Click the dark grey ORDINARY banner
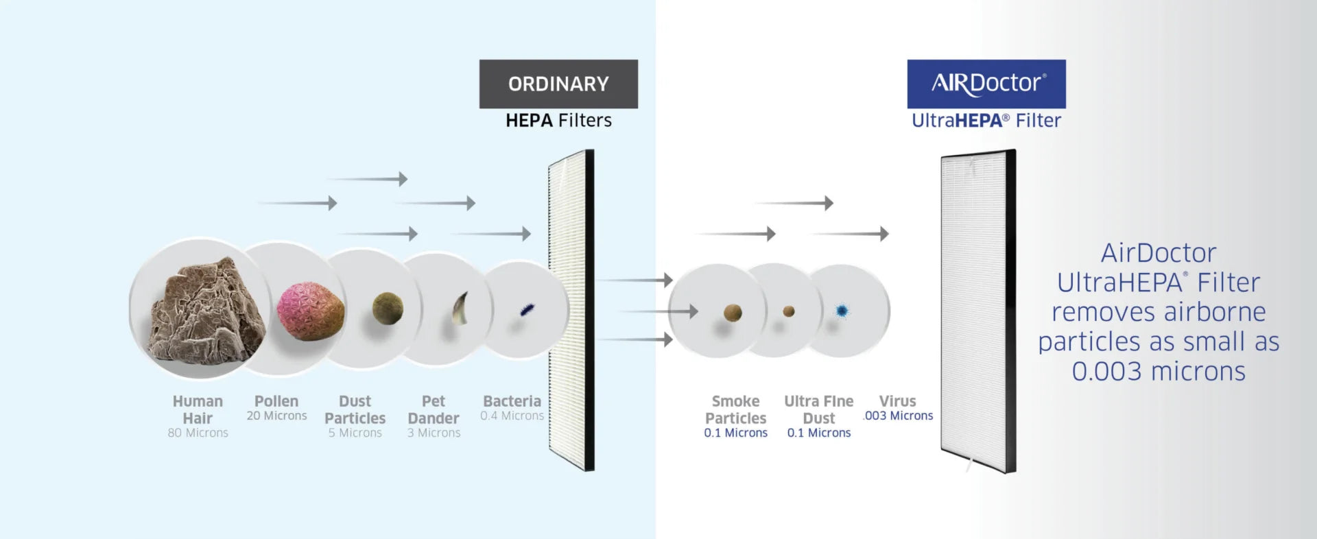tap(558, 84)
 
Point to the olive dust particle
tap(388, 308)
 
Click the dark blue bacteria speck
tap(527, 309)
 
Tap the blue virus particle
tap(842, 311)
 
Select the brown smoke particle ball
tap(733, 313)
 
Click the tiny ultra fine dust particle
tap(789, 311)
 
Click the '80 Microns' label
tap(198, 433)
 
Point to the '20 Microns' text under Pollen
tap(276, 416)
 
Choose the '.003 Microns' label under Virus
tap(899, 416)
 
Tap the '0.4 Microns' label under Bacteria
tap(512, 416)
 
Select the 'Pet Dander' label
tap(434, 409)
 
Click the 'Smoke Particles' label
tap(735, 409)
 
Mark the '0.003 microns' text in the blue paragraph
tap(1159, 371)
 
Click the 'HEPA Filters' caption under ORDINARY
tap(558, 121)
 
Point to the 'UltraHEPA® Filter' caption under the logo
tap(986, 121)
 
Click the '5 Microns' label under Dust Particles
tap(355, 433)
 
